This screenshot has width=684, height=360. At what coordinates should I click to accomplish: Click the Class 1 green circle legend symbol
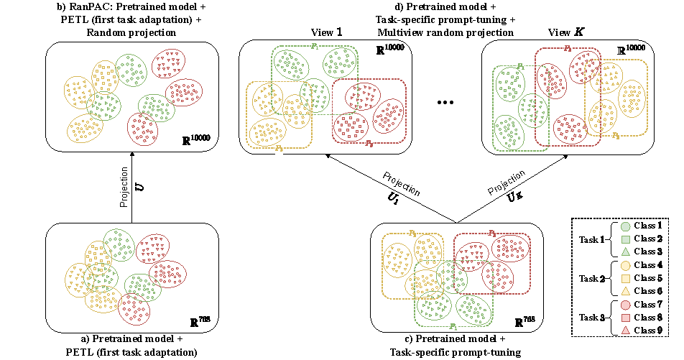point(626,226)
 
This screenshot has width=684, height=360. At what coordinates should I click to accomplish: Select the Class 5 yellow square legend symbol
point(626,277)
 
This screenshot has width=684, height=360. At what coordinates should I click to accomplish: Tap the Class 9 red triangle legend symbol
point(626,330)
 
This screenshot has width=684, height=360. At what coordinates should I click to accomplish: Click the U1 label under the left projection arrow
point(394,200)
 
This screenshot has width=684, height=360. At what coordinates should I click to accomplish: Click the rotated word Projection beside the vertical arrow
point(124,188)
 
